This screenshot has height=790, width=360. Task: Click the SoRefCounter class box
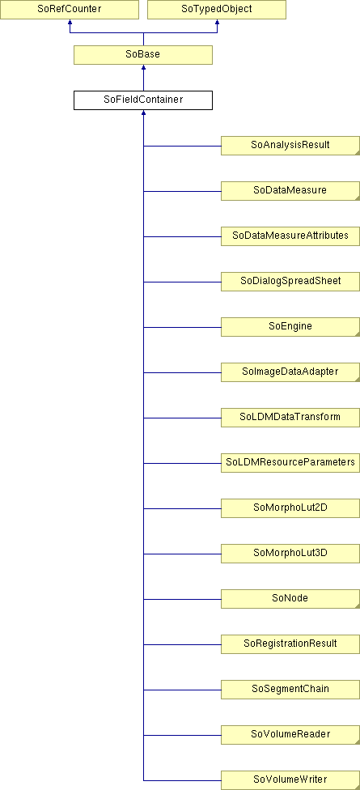point(70,10)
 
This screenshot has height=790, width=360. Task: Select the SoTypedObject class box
point(217,10)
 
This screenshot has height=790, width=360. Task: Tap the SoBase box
point(143,55)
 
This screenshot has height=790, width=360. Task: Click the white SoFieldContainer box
point(143,100)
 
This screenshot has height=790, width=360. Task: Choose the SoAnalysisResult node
point(290,146)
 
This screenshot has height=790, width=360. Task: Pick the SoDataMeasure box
point(290,191)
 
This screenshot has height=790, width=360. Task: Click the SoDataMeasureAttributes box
point(290,236)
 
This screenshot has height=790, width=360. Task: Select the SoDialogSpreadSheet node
point(290,282)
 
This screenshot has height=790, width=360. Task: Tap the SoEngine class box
point(290,327)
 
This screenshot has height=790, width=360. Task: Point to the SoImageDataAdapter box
point(290,372)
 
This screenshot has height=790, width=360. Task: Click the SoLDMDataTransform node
point(290,418)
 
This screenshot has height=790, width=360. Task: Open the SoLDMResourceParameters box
point(290,463)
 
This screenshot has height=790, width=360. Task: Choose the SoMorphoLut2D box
point(290,508)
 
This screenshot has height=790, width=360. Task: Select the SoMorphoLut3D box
point(290,554)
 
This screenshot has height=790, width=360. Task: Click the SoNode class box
point(290,599)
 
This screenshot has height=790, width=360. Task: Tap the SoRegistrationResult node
point(290,644)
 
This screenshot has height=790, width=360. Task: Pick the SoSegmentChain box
point(290,690)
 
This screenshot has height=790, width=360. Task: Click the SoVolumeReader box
point(290,735)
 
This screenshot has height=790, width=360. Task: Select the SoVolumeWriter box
point(290,780)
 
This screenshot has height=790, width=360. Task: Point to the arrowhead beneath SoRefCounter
point(70,22)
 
